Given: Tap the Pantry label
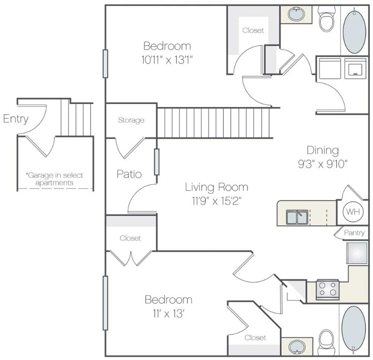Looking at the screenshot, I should click(354, 232).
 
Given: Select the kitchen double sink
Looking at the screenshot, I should click(297, 217).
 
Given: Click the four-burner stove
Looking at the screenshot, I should click(327, 289).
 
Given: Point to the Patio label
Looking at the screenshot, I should click(129, 174).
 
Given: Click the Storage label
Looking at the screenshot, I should click(131, 120).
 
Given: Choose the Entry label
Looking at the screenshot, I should click(15, 119).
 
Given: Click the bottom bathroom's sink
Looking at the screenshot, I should click(296, 347).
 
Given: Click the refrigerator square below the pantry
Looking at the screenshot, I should click(357, 253).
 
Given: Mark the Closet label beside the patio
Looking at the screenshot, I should click(130, 238).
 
